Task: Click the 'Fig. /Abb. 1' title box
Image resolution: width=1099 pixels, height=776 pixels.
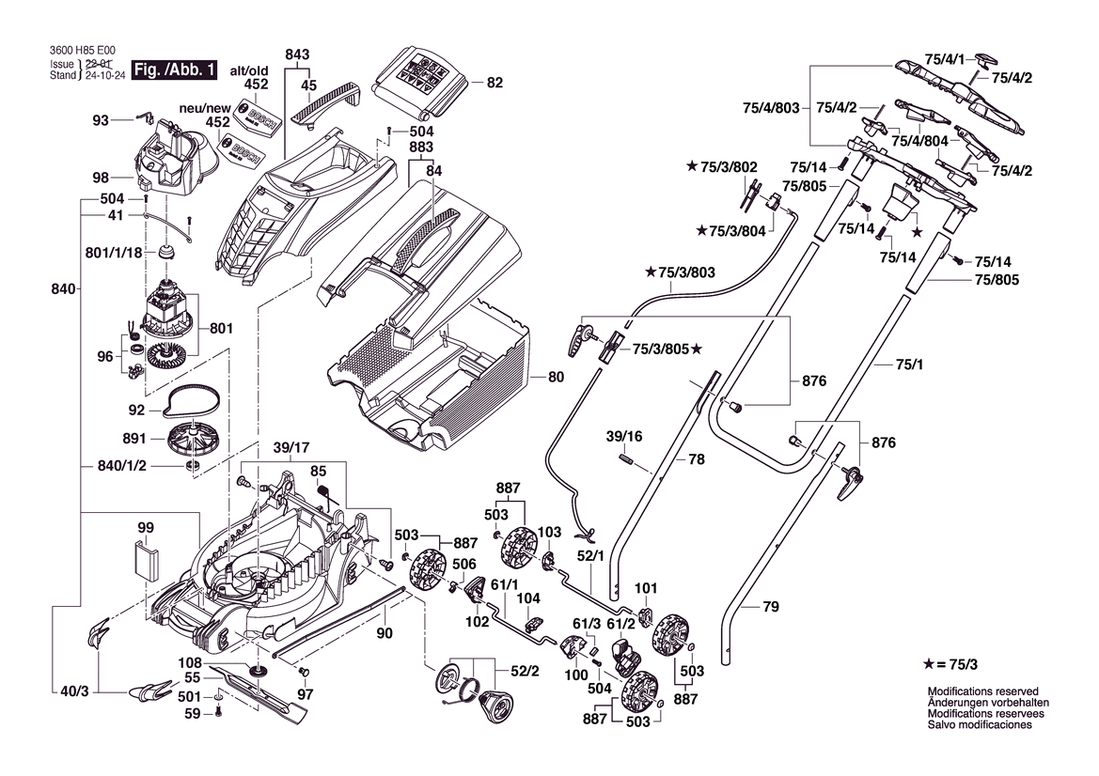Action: [x=175, y=70]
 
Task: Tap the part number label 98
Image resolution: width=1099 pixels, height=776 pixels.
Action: [x=101, y=178]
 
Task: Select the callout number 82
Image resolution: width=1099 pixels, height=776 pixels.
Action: [x=495, y=83]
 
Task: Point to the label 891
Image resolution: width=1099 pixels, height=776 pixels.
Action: [x=134, y=439]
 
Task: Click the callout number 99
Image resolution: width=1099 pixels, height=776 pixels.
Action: [x=145, y=528]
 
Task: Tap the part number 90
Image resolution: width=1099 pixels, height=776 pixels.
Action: [x=384, y=633]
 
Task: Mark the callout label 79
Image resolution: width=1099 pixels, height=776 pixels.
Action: [x=770, y=608]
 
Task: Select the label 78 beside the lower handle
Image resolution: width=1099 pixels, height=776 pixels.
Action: [x=696, y=460]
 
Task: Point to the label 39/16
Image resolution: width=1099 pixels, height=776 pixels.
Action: [x=623, y=437]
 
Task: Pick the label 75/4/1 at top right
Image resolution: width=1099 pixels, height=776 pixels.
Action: [x=945, y=59]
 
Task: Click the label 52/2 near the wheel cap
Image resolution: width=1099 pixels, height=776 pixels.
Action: [x=525, y=672]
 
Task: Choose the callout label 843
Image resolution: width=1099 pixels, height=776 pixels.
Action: [x=298, y=55]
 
